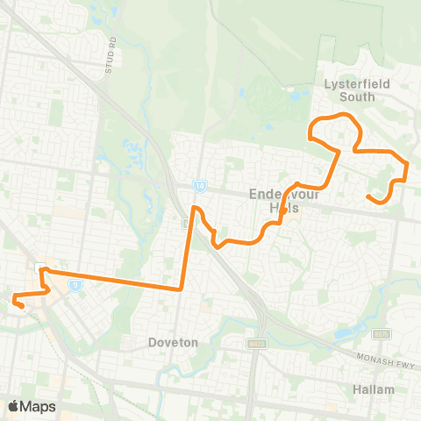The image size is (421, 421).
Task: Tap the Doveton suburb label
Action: pos(173,342)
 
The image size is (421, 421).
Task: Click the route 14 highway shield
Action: pos(200,186)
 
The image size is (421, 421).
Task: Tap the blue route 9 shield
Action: pos(76,284)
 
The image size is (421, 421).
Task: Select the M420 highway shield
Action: pos(256,342)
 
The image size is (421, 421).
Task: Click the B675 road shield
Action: pos(381,334)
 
